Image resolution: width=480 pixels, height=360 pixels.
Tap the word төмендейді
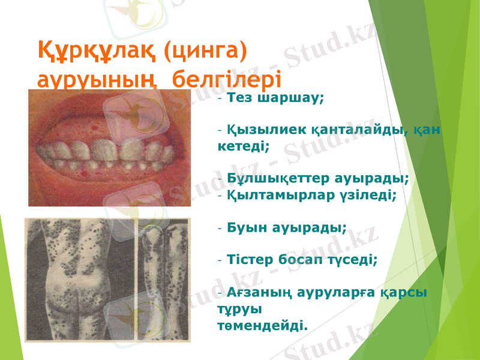(262, 326)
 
